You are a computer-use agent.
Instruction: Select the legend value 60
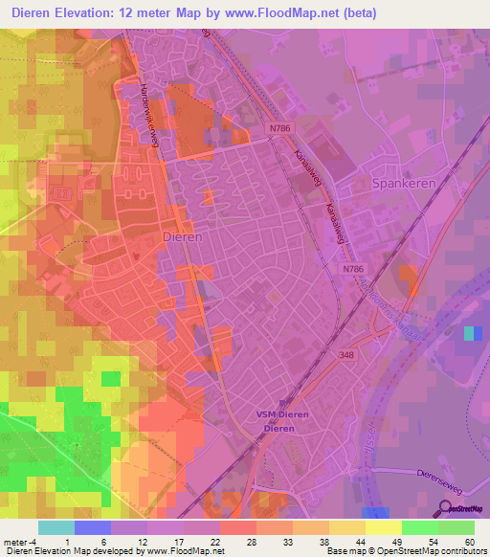pyautogui.click(x=468, y=541)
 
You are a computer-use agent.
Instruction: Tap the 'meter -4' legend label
pyautogui.click(x=19, y=541)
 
